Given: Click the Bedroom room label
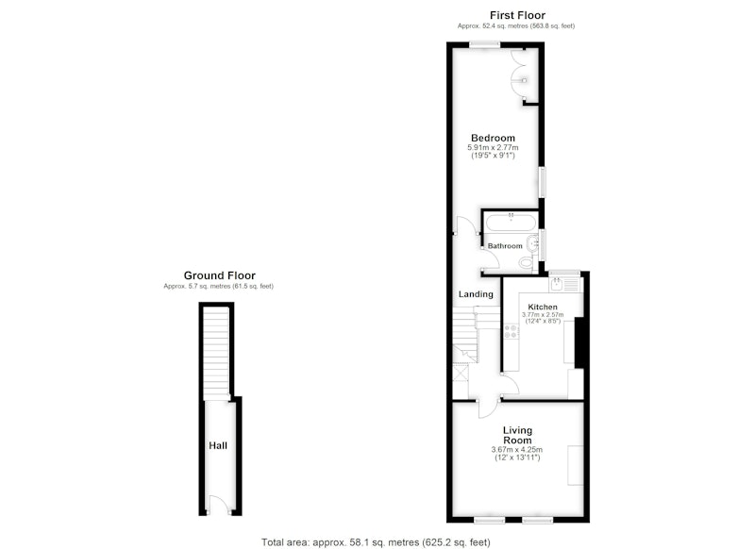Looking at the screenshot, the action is [493, 138].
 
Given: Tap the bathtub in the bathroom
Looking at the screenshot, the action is [510, 223].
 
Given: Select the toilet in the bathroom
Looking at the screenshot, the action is [526, 262].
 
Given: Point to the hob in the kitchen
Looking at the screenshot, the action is [511, 331].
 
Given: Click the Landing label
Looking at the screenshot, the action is [476, 294].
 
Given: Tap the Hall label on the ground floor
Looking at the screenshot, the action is [218, 445].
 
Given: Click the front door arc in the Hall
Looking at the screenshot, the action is [218, 503].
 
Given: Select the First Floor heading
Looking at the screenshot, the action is [517, 15].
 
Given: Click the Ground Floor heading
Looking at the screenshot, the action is [220, 275].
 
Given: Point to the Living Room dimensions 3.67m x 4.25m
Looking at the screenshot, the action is [516, 449].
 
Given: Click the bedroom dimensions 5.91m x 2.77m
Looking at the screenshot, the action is [493, 148].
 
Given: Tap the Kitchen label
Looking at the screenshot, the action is [543, 307].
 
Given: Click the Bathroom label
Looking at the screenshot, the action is [505, 246].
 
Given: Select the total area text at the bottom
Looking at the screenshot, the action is [376, 542].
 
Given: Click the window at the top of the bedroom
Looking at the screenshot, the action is [485, 44].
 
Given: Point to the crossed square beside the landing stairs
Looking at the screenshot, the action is [461, 373].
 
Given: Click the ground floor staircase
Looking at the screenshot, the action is [216, 354].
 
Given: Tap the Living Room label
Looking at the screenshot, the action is [517, 435].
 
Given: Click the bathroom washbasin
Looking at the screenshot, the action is [532, 244].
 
